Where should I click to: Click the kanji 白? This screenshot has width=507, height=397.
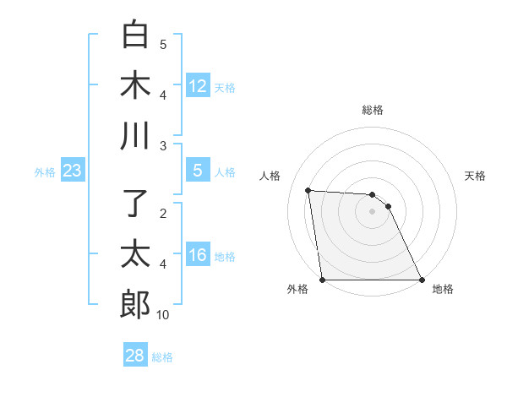point(135,35)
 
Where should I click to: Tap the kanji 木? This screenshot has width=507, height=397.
point(135,85)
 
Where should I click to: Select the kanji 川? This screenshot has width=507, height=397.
point(135,136)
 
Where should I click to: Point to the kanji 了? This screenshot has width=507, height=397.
point(135,204)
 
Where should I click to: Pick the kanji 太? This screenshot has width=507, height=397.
point(135,253)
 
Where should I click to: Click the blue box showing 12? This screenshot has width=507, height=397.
point(198,86)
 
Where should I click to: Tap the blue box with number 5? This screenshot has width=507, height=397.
point(198,171)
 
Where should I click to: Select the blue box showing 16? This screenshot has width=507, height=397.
point(198,255)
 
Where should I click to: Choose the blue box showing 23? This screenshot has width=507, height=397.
point(73,171)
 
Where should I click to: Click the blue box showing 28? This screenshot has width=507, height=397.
point(135,356)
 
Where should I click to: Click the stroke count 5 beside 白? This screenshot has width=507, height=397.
point(163,45)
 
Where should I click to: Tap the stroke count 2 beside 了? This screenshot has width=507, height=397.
point(163,214)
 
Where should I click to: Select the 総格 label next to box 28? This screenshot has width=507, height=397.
point(162,357)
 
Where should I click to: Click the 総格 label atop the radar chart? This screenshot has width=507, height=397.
point(373,110)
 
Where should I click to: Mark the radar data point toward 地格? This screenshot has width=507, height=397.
point(422,280)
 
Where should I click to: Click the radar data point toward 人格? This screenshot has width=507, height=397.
point(308,190)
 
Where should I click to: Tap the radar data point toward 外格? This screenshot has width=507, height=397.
point(322,280)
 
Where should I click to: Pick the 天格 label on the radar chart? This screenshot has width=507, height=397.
point(476,176)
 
